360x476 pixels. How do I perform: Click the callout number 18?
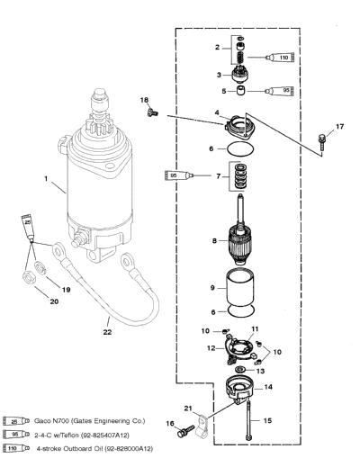point(145,100)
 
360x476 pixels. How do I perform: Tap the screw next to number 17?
point(321,142)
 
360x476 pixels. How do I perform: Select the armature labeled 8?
point(240,230)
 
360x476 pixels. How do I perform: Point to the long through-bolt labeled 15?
point(248,420)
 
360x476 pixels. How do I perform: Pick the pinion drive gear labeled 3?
point(240,74)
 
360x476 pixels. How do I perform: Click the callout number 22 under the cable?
point(107,332)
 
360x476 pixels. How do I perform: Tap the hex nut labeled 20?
point(29,277)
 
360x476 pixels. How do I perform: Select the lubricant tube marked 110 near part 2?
point(280,58)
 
